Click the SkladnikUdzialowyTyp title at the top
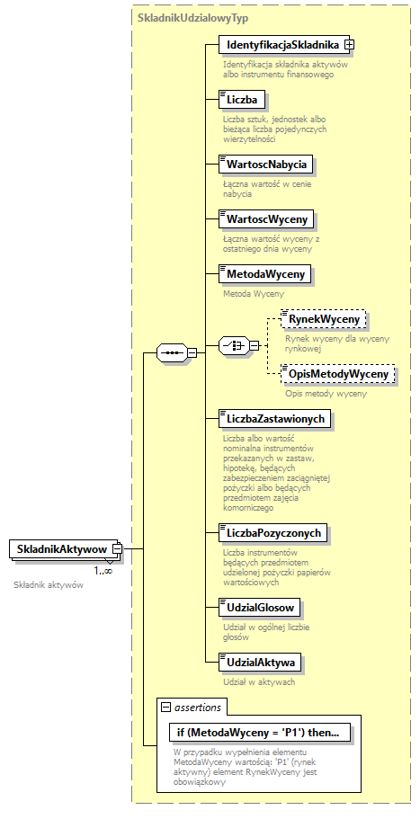[192, 17]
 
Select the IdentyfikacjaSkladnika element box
[281, 44]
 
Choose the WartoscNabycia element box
[266, 164]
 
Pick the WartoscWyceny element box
[266, 218]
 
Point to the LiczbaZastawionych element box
[276, 418]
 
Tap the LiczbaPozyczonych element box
[274, 533]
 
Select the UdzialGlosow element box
[260, 608]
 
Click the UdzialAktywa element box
[260, 663]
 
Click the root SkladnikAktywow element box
[61, 548]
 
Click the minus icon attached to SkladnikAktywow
[117, 548]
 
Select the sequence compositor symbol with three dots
[171, 353]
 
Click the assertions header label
[198, 707]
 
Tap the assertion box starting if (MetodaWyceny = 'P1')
[257, 733]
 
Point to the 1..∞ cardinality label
[103, 570]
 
